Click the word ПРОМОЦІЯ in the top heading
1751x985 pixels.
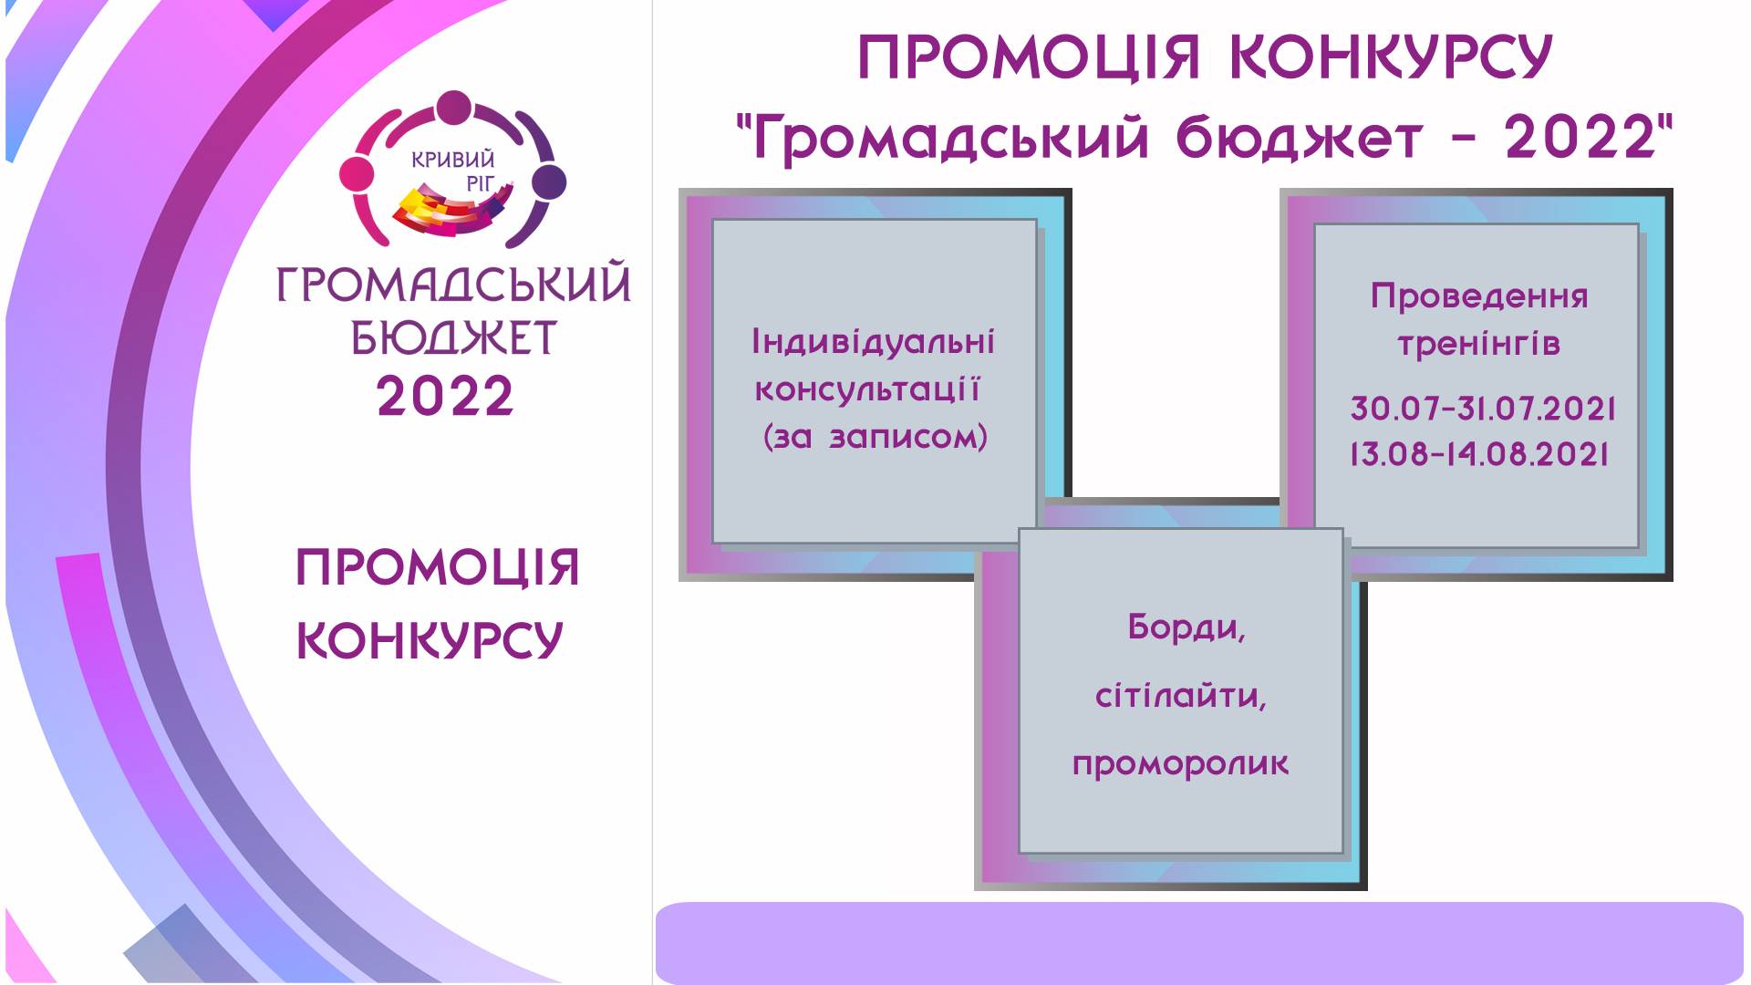coord(1030,58)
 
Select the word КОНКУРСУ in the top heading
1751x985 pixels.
coord(1391,58)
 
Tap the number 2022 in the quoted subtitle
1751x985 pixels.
coord(1580,138)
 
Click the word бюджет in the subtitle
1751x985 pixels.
coord(1299,140)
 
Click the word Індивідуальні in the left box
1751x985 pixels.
coord(873,341)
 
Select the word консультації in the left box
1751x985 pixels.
coord(867,389)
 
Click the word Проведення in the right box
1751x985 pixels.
coord(1479,296)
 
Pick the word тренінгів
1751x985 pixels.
coord(1478,344)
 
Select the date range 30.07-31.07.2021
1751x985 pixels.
coord(1483,409)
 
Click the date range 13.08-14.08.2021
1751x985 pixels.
coord(1479,454)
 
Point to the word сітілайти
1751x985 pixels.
coord(1181,697)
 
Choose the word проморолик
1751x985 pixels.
coord(1181,764)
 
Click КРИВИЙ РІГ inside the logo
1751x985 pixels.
coord(454,171)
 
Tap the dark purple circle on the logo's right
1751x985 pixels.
coord(548,182)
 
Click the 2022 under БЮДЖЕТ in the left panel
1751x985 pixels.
coord(445,397)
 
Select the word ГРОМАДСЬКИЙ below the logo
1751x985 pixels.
coord(453,284)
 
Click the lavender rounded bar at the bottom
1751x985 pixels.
coord(1199,943)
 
